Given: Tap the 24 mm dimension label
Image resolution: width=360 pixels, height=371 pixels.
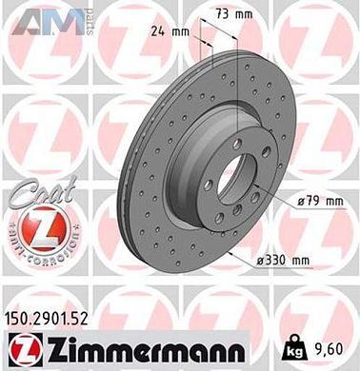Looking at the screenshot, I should [169, 30].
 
